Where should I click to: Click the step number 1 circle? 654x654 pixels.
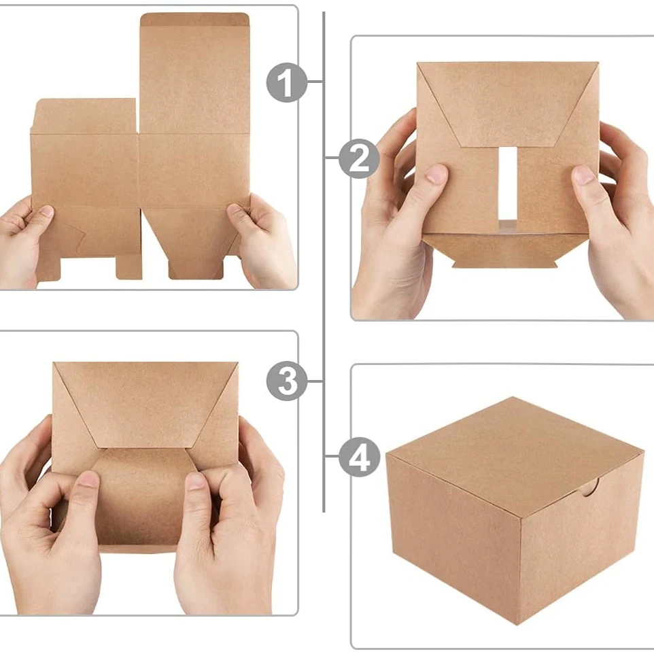point(286,82)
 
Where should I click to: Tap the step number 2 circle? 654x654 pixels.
point(359,158)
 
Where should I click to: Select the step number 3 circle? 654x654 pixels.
point(286,381)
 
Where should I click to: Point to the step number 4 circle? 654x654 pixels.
point(359,457)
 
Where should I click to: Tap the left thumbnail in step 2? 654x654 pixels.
point(436,174)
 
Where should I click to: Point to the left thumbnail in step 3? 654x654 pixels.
point(88,479)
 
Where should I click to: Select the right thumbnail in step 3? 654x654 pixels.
point(195,481)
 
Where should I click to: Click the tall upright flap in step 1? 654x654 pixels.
point(195,73)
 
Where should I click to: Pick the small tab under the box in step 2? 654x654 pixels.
point(504,263)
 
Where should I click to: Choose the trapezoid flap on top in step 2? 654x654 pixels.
point(508,104)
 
